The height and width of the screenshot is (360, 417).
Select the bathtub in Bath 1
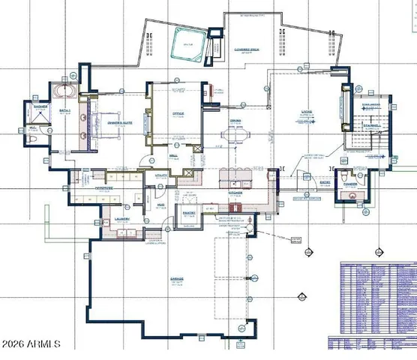pyautogui.click(x=62, y=93)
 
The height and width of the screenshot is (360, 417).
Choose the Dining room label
pyautogui.click(x=235, y=120)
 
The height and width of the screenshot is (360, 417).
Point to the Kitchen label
pyautogui.click(x=235, y=192)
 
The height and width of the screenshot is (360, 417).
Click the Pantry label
pyautogui.click(x=188, y=213)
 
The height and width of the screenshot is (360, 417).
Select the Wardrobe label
pyautogui.click(x=104, y=188)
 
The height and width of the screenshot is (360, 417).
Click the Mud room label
pyautogui.click(x=160, y=203)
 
